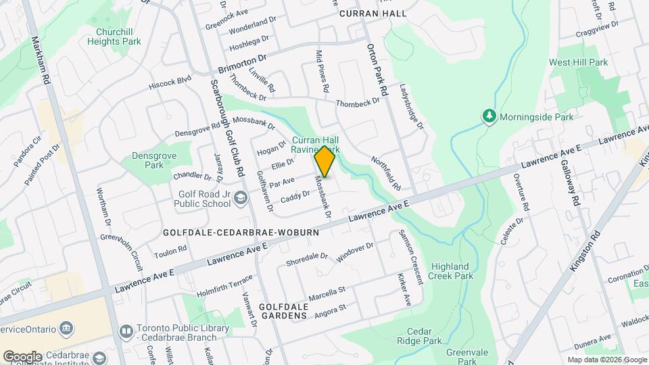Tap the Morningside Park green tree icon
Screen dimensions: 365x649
click(489, 116)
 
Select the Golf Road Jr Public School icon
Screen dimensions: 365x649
click(242, 197)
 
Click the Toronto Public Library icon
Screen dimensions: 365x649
click(126, 331)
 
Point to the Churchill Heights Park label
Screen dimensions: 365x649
click(114, 36)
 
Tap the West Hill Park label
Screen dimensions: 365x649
click(578, 62)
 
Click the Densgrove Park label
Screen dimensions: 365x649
click(148, 160)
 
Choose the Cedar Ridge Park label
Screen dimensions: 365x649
click(425, 337)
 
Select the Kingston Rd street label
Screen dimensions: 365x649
click(585, 251)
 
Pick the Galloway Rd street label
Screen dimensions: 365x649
click(569, 182)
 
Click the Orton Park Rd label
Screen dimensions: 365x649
click(377, 69)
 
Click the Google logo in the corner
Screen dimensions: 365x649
click(22, 356)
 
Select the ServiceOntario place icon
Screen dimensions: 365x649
click(67, 329)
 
